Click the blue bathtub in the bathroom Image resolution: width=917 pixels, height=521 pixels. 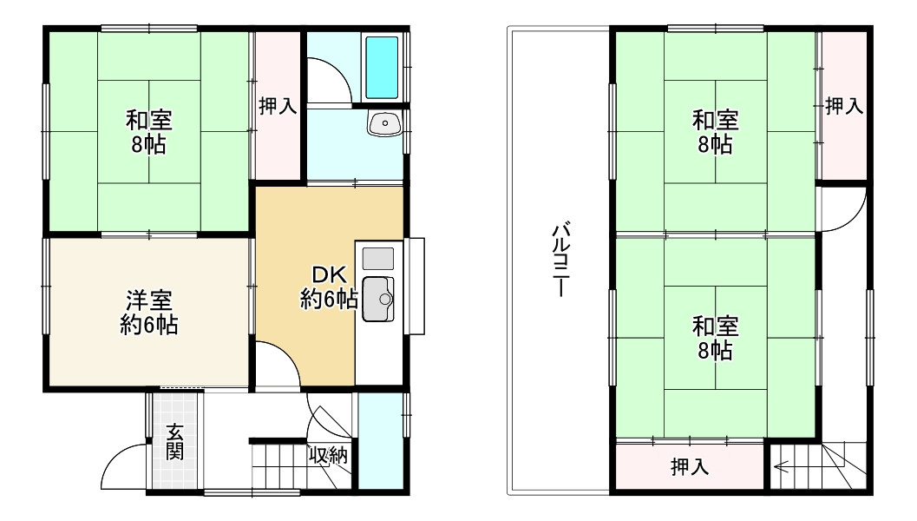382,67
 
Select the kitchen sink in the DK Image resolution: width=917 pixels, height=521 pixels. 378,300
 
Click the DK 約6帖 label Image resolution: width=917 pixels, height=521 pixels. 330,287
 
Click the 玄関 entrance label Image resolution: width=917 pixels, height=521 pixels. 175,441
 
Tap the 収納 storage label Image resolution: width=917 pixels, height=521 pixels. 330,453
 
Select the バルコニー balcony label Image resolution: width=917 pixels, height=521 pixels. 560,260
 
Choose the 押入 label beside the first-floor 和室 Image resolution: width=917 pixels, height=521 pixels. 278,106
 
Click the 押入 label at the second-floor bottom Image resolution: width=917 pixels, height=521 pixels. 690,467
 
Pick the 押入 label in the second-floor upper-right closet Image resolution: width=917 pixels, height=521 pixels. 843,106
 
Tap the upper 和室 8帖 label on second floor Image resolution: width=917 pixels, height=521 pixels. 715,131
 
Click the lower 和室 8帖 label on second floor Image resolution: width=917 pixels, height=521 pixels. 715,338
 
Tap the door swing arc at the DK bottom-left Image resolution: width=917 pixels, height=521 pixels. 278,360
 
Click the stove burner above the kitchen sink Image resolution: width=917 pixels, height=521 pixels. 377,258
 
